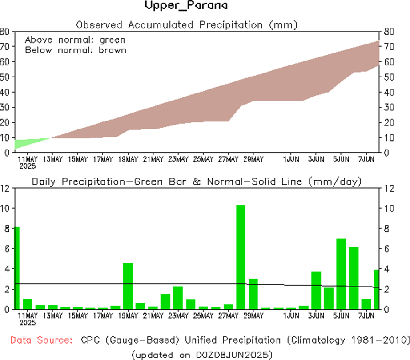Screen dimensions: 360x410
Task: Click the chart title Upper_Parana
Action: (x=186, y=6)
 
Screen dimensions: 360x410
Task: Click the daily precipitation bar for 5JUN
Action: (x=341, y=274)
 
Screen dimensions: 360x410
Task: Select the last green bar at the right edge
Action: (x=377, y=289)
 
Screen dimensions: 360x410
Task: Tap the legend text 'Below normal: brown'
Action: (x=75, y=50)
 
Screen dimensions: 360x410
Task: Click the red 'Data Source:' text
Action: (x=41, y=340)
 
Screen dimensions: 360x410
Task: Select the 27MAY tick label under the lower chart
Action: (x=229, y=316)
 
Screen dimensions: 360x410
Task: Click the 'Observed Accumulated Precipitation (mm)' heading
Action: (x=186, y=24)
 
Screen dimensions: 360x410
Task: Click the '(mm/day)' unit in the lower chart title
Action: (x=338, y=181)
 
